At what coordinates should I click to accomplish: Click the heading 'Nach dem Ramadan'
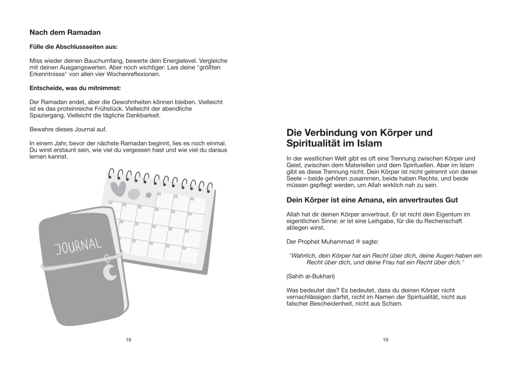pyautogui.click(x=65, y=32)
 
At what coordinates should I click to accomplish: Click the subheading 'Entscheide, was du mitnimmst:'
pyautogui.click(x=72, y=88)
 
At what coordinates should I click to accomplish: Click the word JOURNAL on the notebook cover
pyautogui.click(x=78, y=247)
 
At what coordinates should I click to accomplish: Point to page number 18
pyautogui.click(x=128, y=340)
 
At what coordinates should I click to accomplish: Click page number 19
pyautogui.click(x=385, y=340)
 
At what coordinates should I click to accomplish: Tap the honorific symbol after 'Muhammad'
pyautogui.click(x=357, y=242)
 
